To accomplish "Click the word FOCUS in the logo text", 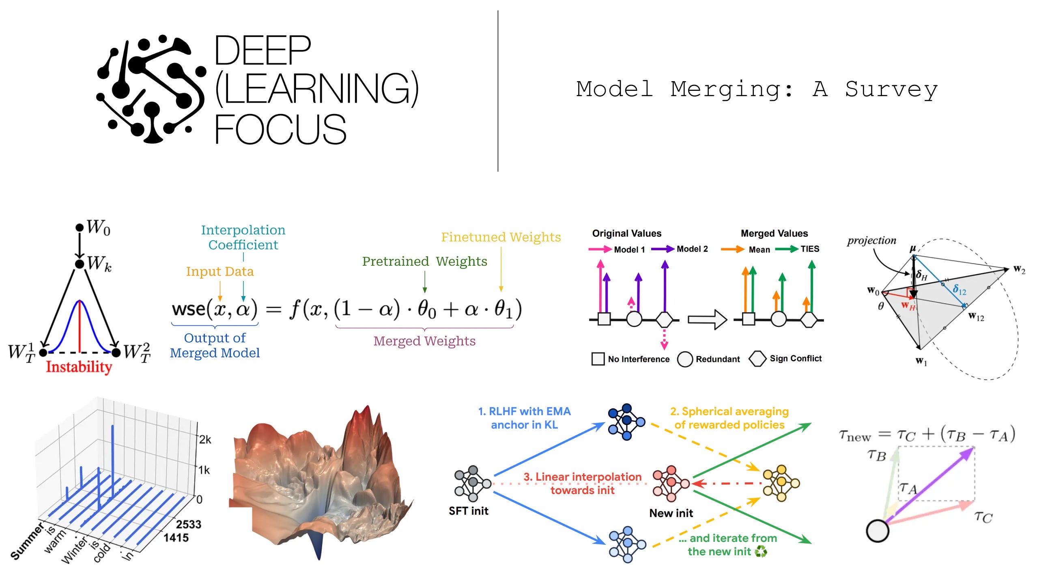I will [280, 130].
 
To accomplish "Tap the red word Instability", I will [79, 367].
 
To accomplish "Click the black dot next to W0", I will [80, 228].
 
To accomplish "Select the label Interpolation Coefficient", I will [243, 237].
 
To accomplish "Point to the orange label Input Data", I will [219, 271].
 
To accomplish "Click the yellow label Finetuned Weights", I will [501, 237].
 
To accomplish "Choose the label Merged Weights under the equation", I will [424, 341].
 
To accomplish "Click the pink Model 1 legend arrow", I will [600, 249].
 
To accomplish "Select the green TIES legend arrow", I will [786, 249].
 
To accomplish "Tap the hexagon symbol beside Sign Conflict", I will [757, 359].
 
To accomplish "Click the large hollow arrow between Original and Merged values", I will [707, 320].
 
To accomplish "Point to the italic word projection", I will [871, 241].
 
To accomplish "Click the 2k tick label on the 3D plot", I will [205, 440].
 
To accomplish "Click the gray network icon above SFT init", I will [472, 483].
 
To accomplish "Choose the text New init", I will [671, 513].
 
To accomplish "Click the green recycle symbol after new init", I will [761, 552].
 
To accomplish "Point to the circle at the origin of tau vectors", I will [877, 531].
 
